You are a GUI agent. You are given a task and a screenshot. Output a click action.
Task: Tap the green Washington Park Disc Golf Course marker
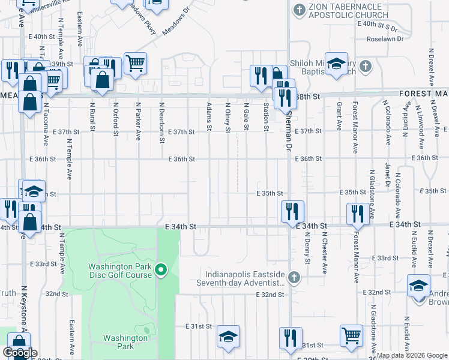click(x=160, y=271)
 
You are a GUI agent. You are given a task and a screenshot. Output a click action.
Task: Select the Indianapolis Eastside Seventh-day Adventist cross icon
click(x=294, y=277)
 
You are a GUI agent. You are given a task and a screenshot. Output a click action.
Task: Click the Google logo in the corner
click(x=19, y=353)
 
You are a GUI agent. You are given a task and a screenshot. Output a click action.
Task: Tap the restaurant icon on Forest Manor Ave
click(x=357, y=214)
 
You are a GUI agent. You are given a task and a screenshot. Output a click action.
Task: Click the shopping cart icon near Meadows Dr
click(x=136, y=62)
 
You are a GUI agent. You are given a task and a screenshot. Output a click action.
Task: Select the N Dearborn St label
click(x=161, y=122)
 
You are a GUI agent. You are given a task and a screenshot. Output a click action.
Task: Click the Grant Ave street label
click(x=339, y=115)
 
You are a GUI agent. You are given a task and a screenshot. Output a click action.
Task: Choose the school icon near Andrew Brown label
click(x=418, y=286)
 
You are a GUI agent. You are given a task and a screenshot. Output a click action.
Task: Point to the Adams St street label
click(x=209, y=115)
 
